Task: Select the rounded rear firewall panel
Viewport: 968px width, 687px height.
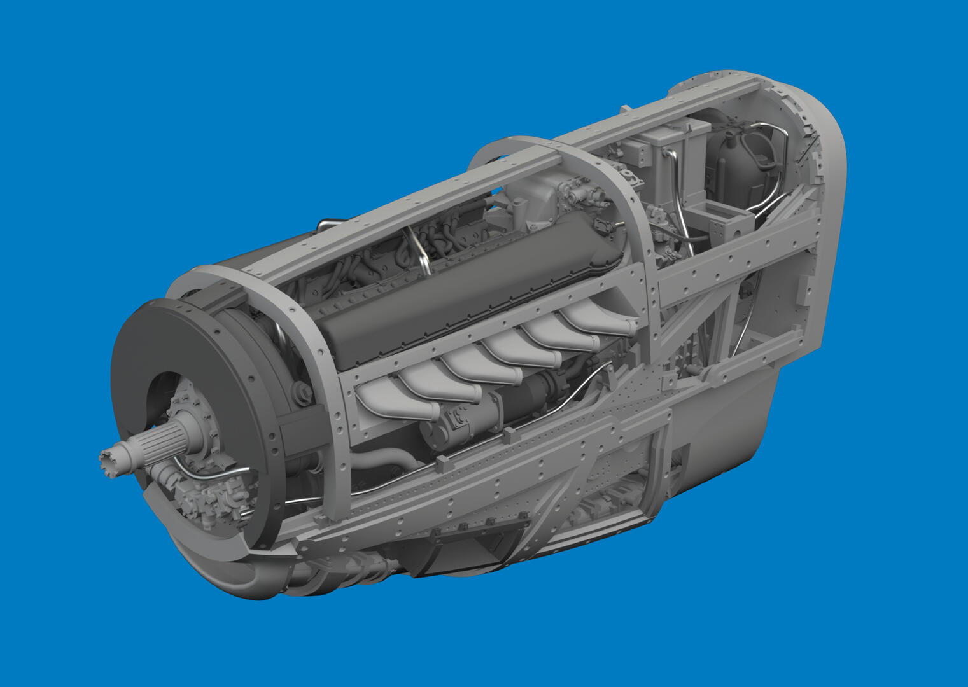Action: (821, 191)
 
